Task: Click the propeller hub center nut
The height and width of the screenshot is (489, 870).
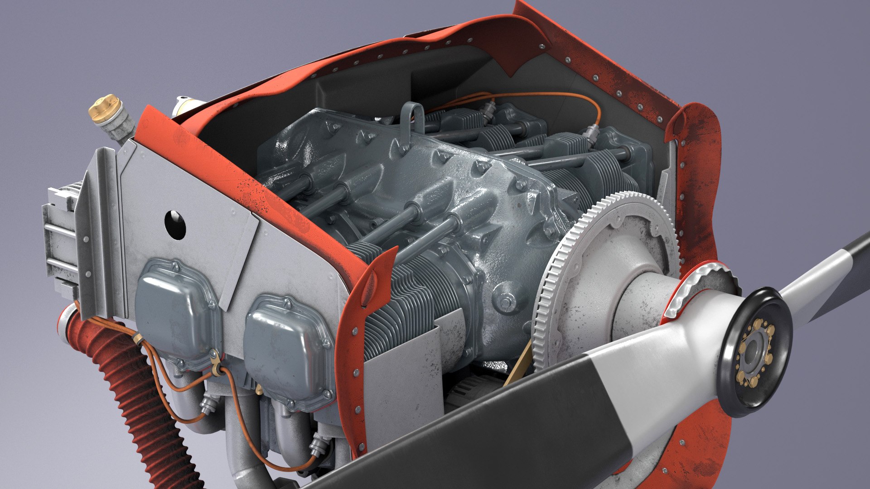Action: [754, 351]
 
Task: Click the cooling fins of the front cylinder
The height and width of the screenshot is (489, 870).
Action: [408, 299]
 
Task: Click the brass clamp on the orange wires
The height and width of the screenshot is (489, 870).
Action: [216, 365]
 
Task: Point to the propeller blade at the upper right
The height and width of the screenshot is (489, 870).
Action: [829, 276]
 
